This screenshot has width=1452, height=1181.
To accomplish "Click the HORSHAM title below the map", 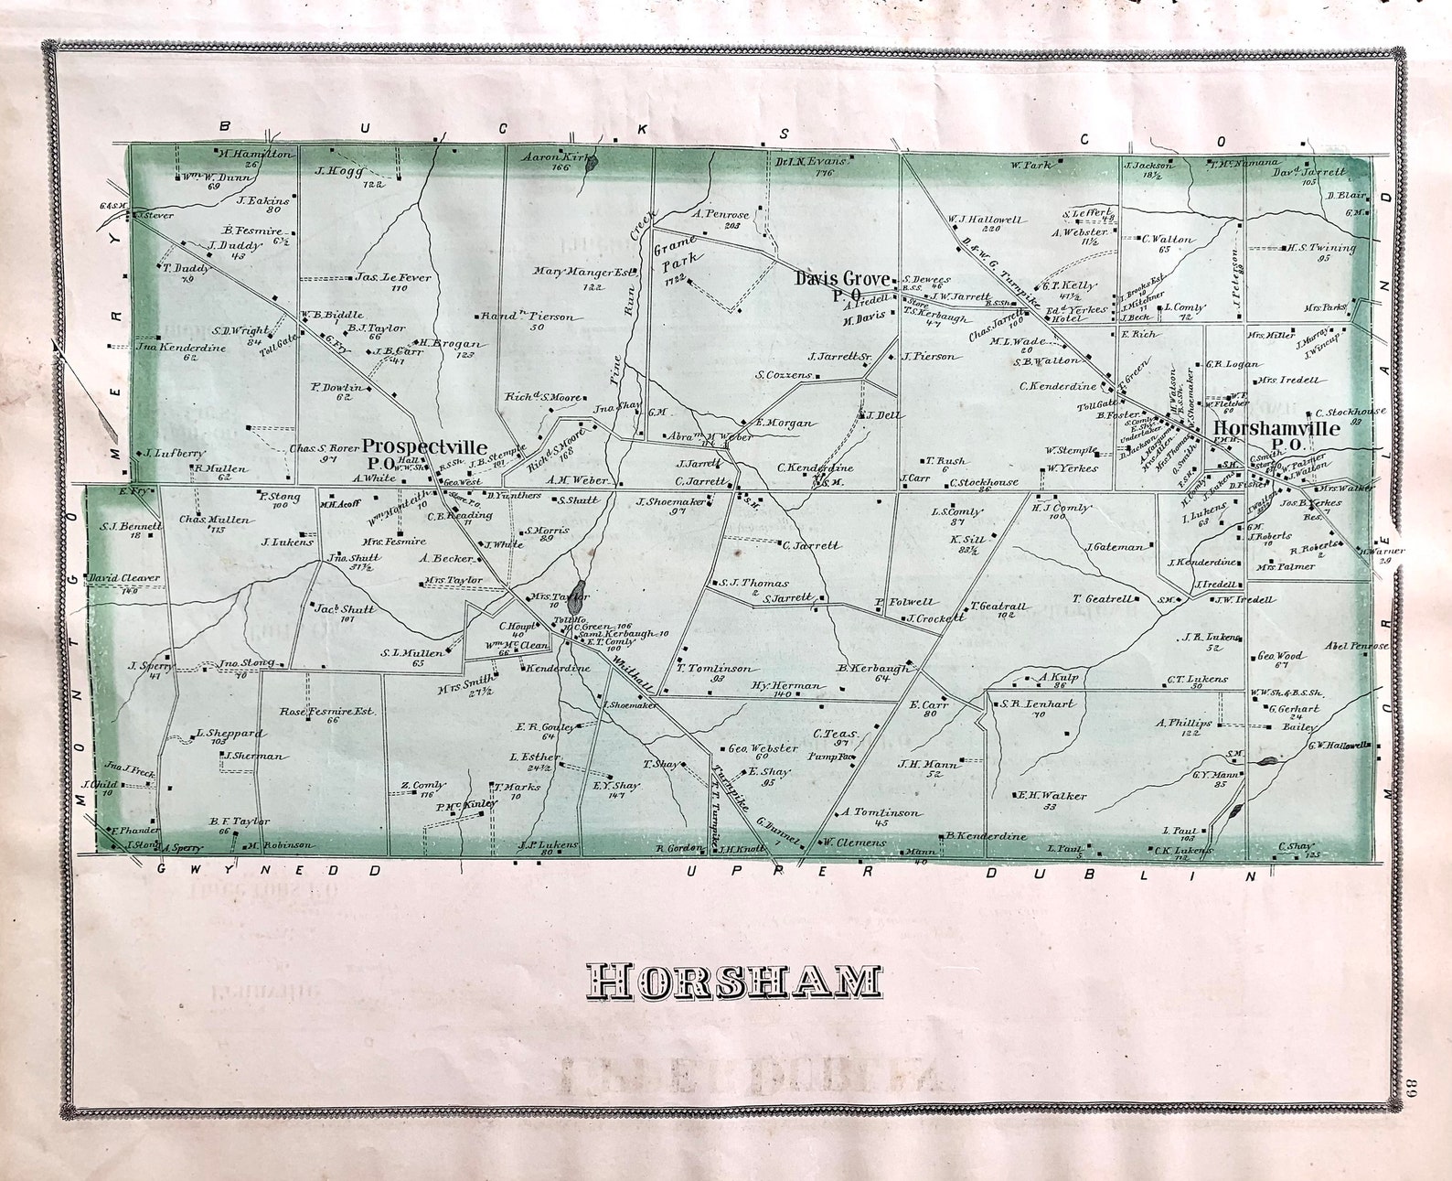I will pos(733,981).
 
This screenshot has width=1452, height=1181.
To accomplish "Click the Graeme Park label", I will pos(678,256).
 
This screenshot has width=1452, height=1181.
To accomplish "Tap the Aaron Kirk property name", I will pos(552,157).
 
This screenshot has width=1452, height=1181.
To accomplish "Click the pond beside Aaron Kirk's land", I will pos(593,165).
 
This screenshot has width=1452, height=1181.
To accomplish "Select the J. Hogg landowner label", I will pos(340,171).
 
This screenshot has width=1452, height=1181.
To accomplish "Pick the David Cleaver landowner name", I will pos(124,578).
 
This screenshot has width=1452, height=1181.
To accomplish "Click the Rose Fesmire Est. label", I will pos(327,711).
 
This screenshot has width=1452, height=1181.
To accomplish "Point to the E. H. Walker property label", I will pos(1052,796).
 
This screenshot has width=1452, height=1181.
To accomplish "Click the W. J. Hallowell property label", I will pos(986,220).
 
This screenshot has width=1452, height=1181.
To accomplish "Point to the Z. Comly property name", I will pos(422,786).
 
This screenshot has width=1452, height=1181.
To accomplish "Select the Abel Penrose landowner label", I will pos(1356,646).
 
